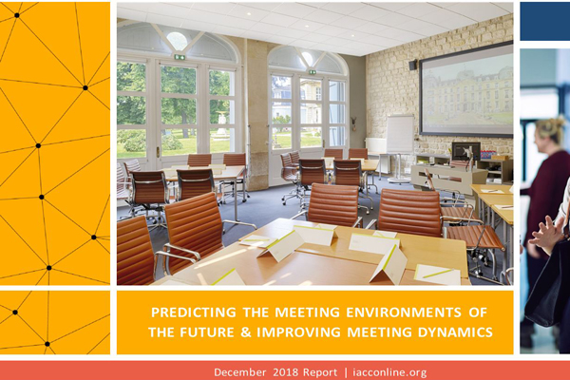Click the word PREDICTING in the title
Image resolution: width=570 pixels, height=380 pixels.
(x=194, y=313)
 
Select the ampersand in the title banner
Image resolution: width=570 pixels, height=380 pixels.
(x=246, y=332)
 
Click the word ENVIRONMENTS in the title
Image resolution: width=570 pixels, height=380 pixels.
(x=404, y=313)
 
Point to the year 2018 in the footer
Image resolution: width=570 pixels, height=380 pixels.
(x=287, y=372)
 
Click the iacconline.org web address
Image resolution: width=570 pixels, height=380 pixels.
(x=389, y=372)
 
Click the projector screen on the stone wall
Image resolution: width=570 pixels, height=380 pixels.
(x=466, y=89)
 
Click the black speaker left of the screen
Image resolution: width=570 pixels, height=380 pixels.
(x=413, y=65)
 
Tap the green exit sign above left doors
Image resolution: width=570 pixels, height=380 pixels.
(x=180, y=57)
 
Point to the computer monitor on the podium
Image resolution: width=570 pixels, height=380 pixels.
(x=466, y=151)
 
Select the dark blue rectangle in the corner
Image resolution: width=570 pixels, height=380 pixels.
(x=545, y=21)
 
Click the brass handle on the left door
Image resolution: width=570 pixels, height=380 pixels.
(x=158, y=152)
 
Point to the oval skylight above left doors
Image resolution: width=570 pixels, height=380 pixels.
(x=177, y=41)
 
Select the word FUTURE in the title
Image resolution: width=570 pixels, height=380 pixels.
(x=202, y=332)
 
